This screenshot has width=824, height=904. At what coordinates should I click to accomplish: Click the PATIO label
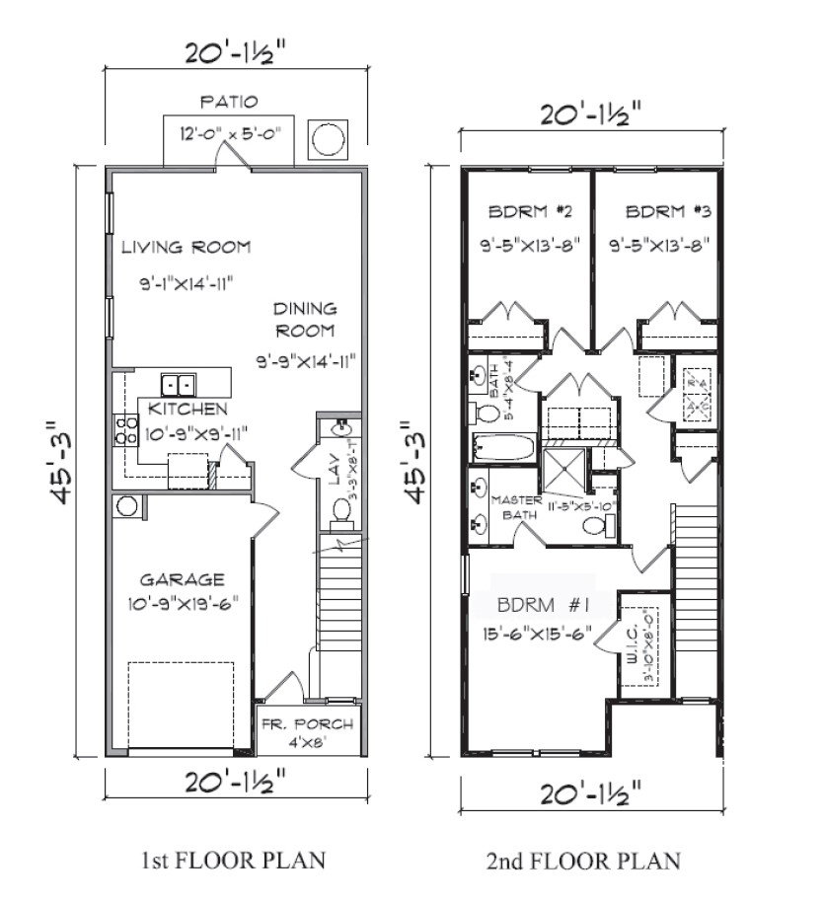click(x=229, y=102)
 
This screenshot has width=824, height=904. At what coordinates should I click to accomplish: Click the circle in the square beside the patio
click(x=329, y=139)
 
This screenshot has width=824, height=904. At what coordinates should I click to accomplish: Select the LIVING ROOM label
click(x=186, y=247)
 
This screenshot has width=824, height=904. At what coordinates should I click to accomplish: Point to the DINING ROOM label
click(x=305, y=320)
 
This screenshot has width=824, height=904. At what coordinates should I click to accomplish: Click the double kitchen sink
click(x=179, y=384)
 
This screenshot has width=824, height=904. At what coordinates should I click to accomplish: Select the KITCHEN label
click(x=187, y=409)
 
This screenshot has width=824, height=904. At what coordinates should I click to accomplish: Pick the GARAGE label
click(x=182, y=579)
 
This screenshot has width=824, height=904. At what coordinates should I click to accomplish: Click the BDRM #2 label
click(x=524, y=211)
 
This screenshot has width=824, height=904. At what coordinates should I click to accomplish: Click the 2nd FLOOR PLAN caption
click(x=583, y=861)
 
